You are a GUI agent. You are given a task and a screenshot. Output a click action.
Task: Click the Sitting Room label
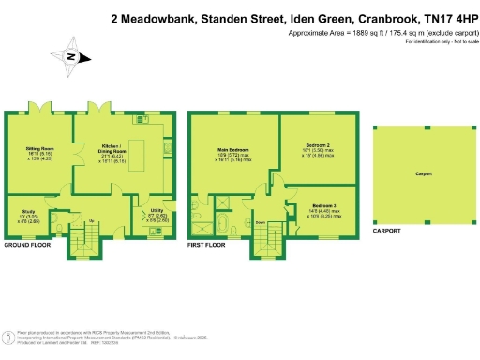click(x=38, y=148)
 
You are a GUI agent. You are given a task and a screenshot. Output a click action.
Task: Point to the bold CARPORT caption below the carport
click(x=386, y=230)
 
